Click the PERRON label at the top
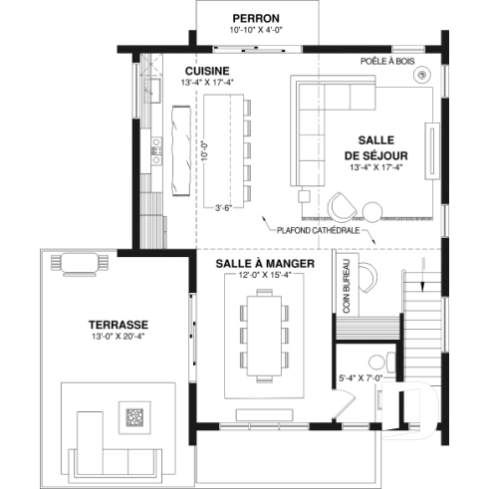point(255,18)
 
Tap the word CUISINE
point(207,71)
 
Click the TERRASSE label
point(118,325)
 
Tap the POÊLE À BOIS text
point(387,61)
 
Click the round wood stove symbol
point(424,75)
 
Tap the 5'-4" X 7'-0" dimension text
point(361,378)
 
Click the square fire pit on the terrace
point(132,416)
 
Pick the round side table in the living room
point(371,210)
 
